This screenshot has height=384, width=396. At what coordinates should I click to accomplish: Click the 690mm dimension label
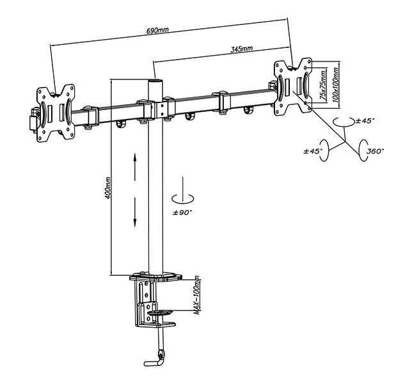pyautogui.click(x=157, y=30)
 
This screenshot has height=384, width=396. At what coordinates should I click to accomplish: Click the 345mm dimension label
pyautogui.click(x=241, y=49)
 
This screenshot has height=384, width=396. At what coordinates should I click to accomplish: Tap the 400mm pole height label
pyautogui.click(x=108, y=188)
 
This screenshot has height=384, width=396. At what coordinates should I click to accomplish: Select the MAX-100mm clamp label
pyautogui.click(x=197, y=295)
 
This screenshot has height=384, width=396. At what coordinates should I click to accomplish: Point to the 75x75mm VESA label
pyautogui.click(x=322, y=85)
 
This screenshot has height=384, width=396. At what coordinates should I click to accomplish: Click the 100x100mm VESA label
pyautogui.click(x=335, y=85)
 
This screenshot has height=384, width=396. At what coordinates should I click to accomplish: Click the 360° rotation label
pyautogui.click(x=375, y=151)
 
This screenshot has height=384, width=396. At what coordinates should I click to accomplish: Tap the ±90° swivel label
pyautogui.click(x=182, y=212)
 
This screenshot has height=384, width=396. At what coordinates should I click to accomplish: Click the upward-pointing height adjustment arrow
pyautogui.click(x=135, y=167)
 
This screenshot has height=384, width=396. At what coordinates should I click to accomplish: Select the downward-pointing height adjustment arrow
pyautogui.click(x=135, y=212)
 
